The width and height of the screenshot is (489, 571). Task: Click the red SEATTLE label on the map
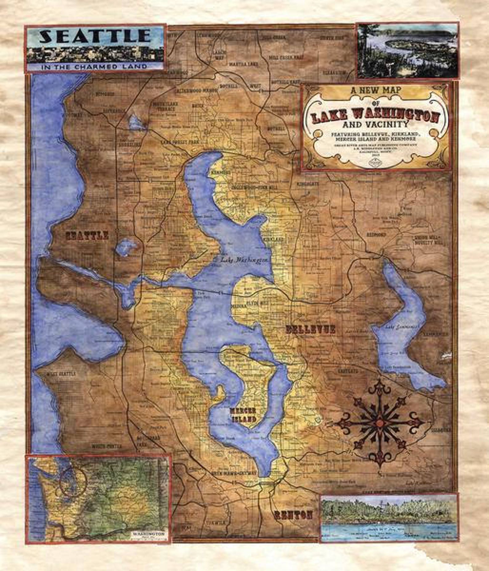[87, 236]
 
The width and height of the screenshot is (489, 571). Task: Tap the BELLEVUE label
[310, 330]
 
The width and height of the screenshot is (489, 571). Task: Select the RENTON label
[293, 515]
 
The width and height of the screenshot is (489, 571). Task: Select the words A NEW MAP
[375, 91]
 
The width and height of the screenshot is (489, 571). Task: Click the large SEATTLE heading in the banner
[95, 36]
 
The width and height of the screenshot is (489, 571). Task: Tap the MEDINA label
[238, 306]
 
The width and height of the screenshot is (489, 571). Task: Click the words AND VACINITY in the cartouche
[375, 124]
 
